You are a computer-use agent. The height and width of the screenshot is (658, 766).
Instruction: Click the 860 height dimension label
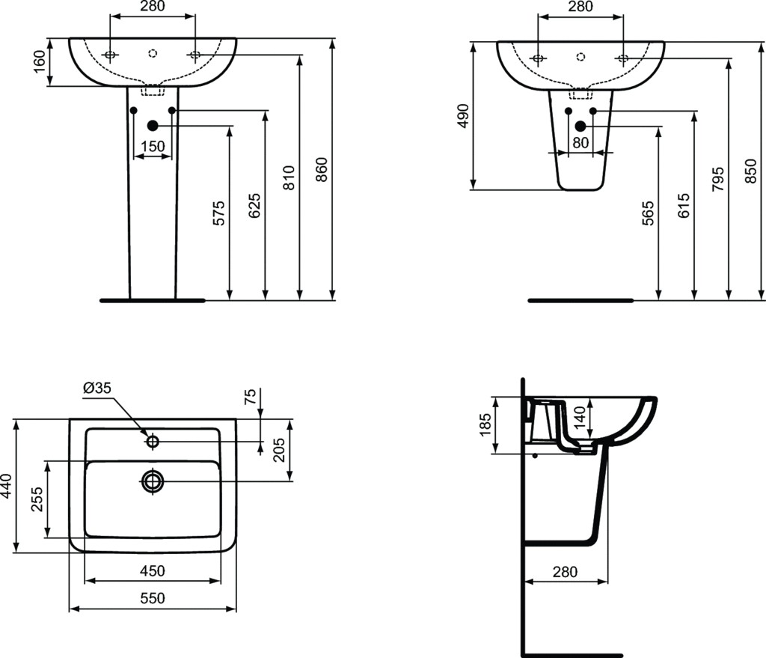pos(322,170)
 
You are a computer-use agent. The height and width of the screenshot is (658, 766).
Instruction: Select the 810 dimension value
pos(289,177)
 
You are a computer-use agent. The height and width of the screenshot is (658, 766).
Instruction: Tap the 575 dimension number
pos(219,213)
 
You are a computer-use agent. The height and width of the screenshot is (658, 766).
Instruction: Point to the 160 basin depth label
pos(40,61)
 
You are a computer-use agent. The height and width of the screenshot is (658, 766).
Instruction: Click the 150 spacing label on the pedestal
pos(153,146)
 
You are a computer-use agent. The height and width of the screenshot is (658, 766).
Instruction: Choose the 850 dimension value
pos(751,171)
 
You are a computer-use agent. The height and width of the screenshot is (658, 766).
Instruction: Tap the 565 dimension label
pos(648,213)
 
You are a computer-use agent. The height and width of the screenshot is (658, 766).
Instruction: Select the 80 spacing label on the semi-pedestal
pos(580,143)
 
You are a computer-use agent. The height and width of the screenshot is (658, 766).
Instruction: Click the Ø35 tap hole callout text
pos(97,388)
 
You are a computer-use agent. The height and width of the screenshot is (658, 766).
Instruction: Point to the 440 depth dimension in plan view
pos(6,486)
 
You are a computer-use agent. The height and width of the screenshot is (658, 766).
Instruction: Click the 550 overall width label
pos(153,598)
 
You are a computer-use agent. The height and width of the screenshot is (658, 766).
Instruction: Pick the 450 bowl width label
pos(153,570)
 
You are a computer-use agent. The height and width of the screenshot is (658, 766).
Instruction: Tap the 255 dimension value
pos(37,499)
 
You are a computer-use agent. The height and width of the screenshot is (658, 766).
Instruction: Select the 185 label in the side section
pos(485,424)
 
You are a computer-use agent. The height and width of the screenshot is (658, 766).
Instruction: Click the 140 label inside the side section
pos(580,417)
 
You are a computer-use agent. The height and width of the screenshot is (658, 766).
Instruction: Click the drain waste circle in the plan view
pos(153,481)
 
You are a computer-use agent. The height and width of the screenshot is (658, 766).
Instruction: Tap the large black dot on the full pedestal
pos(153,126)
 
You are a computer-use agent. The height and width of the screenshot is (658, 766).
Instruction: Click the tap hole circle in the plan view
pos(153,441)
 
